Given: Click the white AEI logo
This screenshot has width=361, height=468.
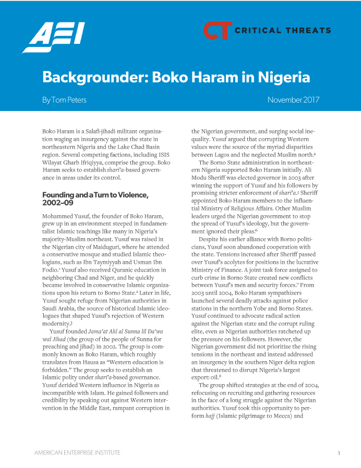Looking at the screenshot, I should coord(54,38).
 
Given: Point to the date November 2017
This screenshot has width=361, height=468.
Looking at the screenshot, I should coord(293,100).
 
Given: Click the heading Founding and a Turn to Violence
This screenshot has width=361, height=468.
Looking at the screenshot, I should coord(95,195).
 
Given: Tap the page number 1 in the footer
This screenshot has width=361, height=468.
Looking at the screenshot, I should coord(339,453).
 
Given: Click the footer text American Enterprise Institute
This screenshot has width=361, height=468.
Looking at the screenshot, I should coord(77,453).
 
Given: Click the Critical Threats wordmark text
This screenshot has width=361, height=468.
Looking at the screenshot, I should coord(282,31).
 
